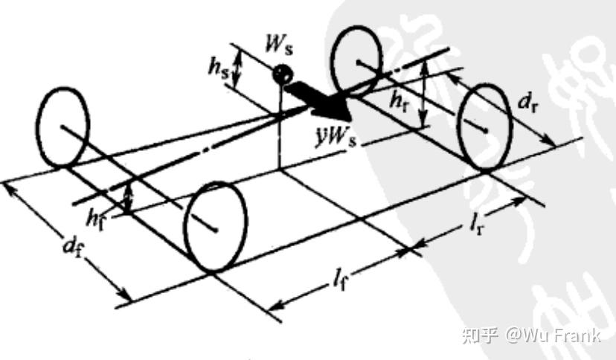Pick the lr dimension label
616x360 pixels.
pos(474,225)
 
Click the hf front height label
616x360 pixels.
pos(97,218)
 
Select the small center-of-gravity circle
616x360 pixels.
pos(280,74)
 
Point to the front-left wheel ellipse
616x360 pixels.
pos(63,127)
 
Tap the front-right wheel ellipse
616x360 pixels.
pos(216,226)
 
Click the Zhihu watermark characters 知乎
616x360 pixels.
pos(478,335)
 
